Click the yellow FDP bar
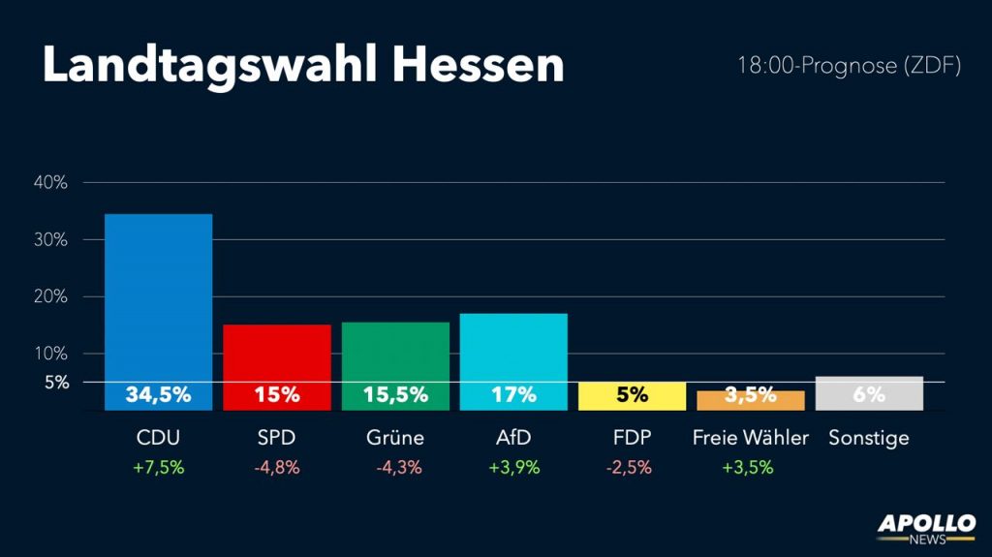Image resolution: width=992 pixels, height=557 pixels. click(632, 395)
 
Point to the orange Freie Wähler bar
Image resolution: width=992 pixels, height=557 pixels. click(750, 400)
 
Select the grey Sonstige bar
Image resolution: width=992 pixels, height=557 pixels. click(869, 392)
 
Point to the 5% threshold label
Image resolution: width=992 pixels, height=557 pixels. click(56, 382)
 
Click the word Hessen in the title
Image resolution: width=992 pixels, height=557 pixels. click(478, 65)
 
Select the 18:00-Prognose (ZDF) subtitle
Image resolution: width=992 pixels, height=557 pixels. click(849, 66)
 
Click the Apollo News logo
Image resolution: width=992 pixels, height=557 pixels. click(926, 528)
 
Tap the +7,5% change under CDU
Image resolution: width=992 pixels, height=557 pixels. click(158, 467)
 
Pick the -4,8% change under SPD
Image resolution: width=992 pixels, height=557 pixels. click(277, 467)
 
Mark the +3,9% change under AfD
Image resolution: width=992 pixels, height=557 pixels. click(513, 467)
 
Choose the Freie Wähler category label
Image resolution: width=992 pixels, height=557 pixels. click(750, 438)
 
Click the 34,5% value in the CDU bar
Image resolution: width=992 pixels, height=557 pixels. click(158, 394)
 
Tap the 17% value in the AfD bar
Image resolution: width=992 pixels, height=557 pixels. click(513, 394)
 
